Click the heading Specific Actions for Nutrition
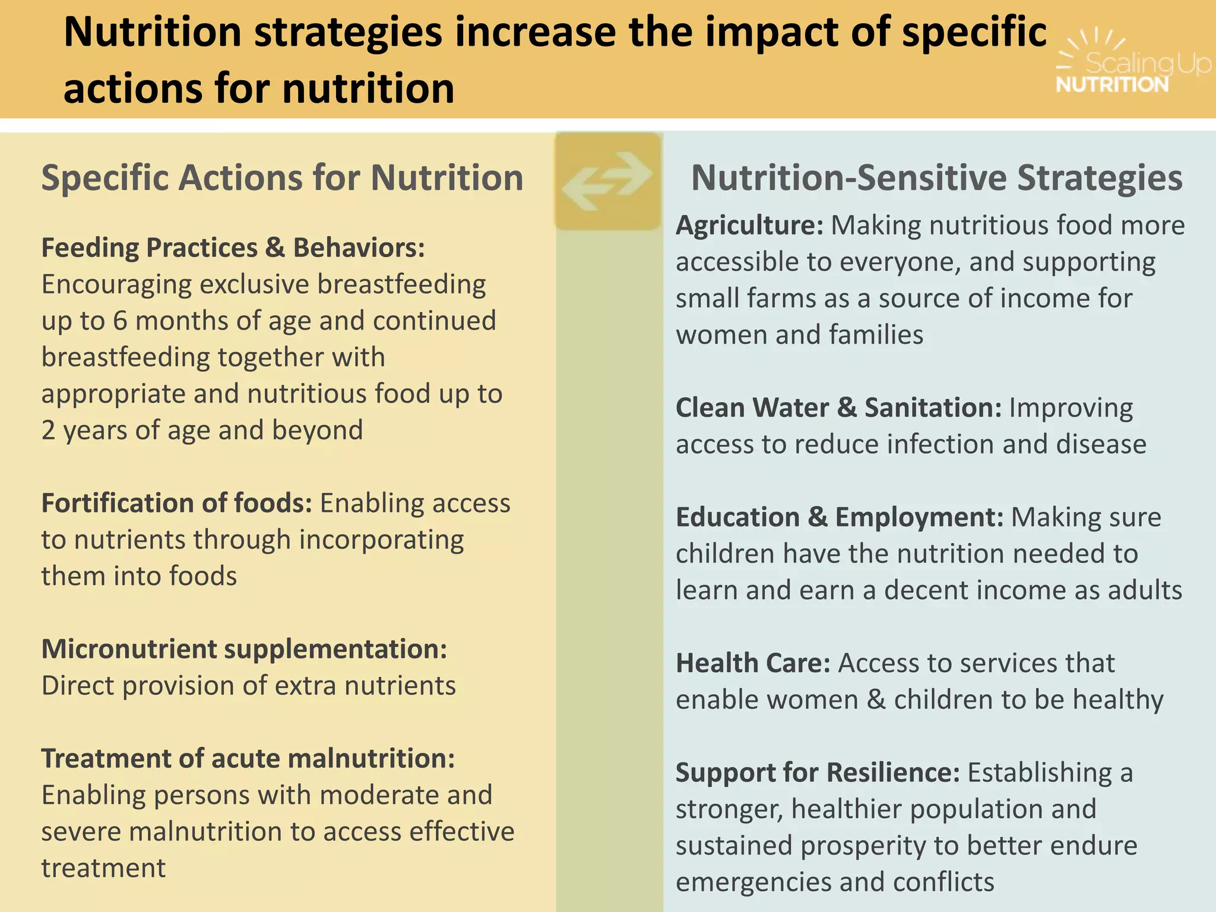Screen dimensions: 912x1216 [x=282, y=178]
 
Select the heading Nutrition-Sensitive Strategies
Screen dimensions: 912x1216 [x=937, y=178]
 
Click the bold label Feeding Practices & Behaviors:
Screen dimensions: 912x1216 [x=233, y=248]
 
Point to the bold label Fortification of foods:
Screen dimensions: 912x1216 [x=176, y=503]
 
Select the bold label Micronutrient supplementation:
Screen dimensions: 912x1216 [x=244, y=649]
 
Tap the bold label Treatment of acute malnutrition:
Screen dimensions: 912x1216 [x=248, y=758]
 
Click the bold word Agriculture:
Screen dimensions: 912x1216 [x=749, y=226]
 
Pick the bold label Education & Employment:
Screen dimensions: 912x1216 [x=839, y=517]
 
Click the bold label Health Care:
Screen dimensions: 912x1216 [x=752, y=663]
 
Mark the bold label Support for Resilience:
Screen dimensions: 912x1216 [x=817, y=772]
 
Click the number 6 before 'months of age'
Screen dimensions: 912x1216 [x=120, y=321]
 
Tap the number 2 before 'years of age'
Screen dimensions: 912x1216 [x=48, y=430]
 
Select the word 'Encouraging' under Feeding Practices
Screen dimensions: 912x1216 [x=116, y=285]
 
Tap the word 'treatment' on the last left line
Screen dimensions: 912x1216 [x=103, y=868]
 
